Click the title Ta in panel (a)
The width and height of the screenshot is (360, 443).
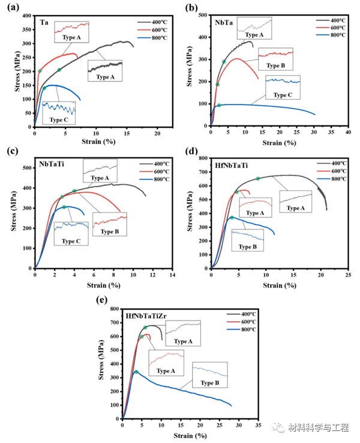click(x=44, y=22)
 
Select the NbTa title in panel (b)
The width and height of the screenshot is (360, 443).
click(x=224, y=22)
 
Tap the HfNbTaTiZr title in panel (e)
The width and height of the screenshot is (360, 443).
click(x=146, y=315)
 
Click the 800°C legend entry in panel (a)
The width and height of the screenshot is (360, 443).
click(x=155, y=37)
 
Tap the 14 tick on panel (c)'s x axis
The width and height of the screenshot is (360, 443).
click(x=172, y=275)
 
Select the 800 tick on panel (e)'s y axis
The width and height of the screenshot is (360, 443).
click(x=115, y=309)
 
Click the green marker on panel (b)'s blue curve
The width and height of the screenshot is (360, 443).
click(x=218, y=105)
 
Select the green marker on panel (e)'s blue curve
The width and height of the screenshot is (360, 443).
click(x=136, y=372)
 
